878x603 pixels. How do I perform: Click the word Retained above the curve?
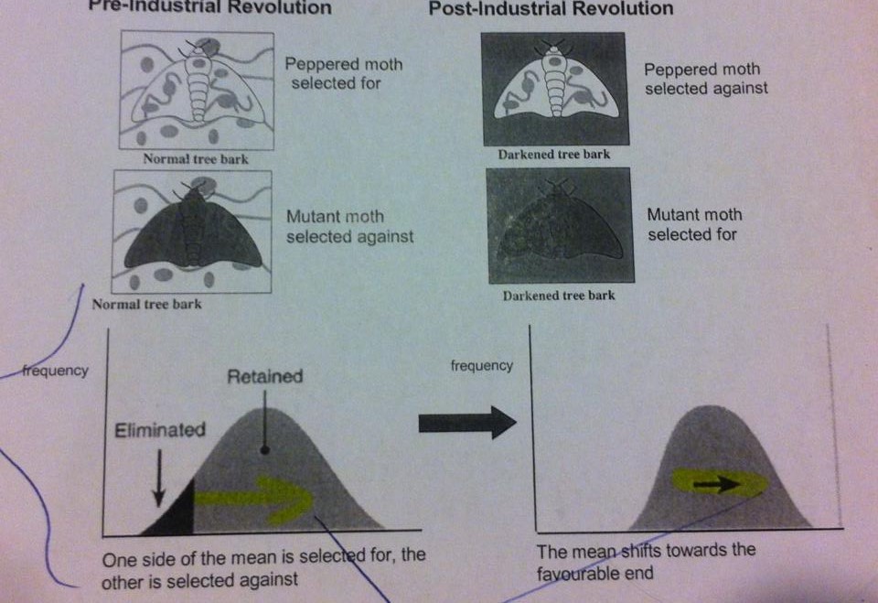(x=265, y=376)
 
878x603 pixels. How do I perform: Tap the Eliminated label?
(x=160, y=429)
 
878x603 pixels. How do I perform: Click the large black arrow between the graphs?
(x=466, y=423)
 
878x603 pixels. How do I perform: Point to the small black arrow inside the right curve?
(x=720, y=486)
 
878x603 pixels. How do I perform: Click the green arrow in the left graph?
(x=256, y=498)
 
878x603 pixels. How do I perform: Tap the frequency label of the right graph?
(x=482, y=365)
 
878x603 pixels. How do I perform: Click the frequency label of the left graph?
(x=56, y=371)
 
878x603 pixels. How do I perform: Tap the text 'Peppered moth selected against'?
(x=705, y=79)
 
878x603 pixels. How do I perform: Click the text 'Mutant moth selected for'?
(x=694, y=224)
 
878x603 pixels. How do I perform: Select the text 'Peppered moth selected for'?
(x=343, y=74)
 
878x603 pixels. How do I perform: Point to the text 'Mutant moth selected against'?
(x=349, y=227)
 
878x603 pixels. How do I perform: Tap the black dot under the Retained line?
(x=263, y=449)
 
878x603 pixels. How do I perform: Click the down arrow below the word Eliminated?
(x=158, y=478)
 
